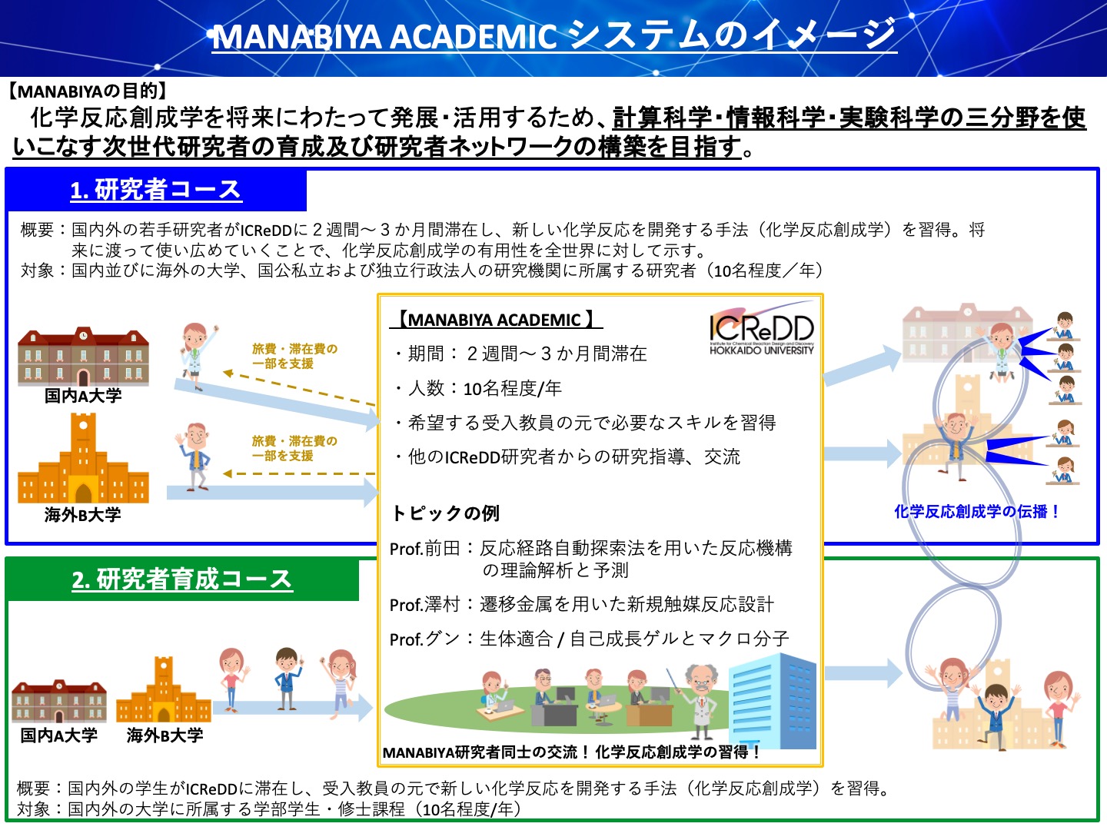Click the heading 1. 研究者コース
click(156, 190)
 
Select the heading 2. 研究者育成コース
click(182, 579)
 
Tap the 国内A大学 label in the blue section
click(83, 395)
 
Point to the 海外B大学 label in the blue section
click(83, 514)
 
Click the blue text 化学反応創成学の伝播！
click(977, 512)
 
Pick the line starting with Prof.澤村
click(581, 604)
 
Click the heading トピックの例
click(445, 513)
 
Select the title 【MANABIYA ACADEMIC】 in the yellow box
click(496, 320)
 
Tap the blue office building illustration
click(773, 700)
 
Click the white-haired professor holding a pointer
click(700, 700)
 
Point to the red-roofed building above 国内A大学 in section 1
click(83, 357)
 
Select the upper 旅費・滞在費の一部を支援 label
click(294, 356)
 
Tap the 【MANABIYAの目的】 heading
click(87, 91)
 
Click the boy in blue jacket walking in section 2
click(287, 679)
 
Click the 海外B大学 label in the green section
click(165, 735)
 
